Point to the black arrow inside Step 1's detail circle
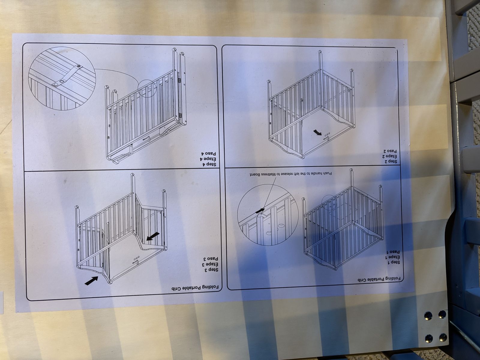(x=260, y=210)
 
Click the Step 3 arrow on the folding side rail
(x=153, y=236)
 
